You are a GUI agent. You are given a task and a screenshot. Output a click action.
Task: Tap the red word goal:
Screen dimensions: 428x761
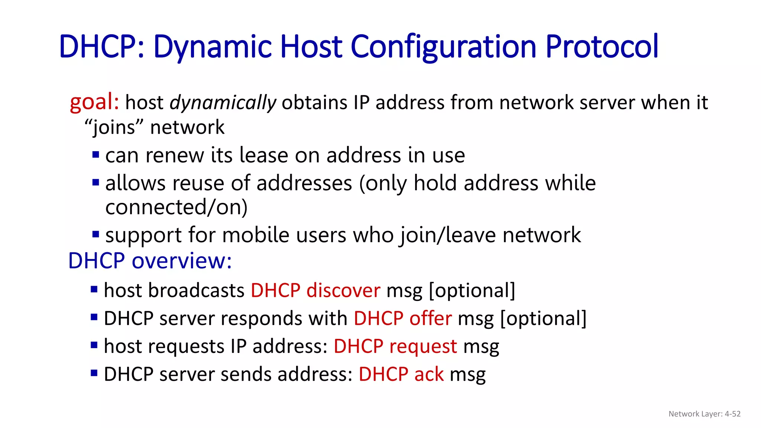[x=94, y=102]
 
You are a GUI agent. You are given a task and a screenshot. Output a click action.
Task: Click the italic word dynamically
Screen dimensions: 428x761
[x=223, y=103]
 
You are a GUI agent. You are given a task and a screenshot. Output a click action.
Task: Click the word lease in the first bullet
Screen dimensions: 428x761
[x=263, y=155]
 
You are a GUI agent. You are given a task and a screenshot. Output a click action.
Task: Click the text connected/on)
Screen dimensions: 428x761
[x=176, y=207]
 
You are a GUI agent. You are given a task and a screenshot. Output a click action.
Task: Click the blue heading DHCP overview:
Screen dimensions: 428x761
[x=150, y=260]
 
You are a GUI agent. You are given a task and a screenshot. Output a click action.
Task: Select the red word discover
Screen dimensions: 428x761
[x=343, y=290]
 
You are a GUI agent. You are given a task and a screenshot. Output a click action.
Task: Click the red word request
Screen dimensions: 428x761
[x=423, y=346]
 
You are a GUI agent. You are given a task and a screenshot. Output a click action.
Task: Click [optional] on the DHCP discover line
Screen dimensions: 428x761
[x=472, y=290]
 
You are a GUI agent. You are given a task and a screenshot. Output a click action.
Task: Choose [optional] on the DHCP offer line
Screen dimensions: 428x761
[x=543, y=318]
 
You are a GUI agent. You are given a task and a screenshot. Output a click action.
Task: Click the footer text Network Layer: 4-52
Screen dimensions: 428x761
[x=704, y=414]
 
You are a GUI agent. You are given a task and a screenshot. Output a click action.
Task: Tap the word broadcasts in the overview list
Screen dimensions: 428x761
[x=196, y=290]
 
